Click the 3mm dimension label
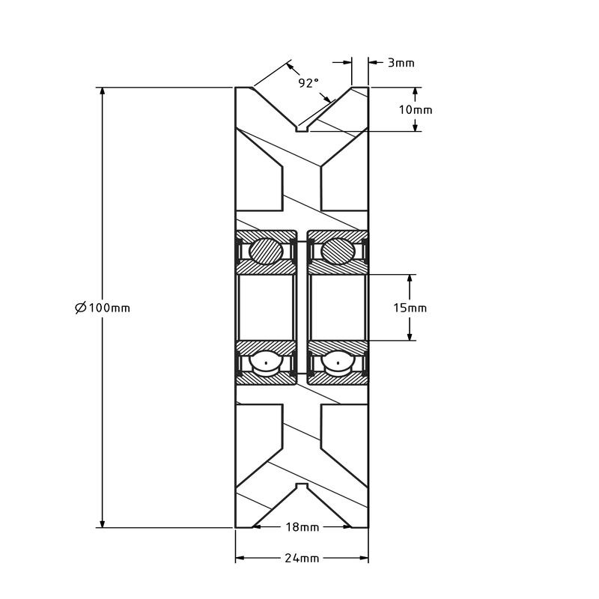point(401,63)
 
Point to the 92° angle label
point(308,83)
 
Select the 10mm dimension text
point(415,109)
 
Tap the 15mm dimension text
point(410,308)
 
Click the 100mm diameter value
point(110,308)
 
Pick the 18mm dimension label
point(302,527)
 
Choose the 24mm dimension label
point(302,559)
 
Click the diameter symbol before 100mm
point(81,308)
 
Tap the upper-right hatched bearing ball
point(338,251)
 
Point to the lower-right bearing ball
point(338,363)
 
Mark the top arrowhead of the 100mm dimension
point(102,92)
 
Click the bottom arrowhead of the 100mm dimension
point(102,523)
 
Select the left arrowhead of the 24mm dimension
point(240,559)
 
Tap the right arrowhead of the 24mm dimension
point(364,559)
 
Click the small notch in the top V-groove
point(302,129)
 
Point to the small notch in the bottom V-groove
point(302,487)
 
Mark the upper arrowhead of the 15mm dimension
point(410,279)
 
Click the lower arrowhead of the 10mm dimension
point(416,127)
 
